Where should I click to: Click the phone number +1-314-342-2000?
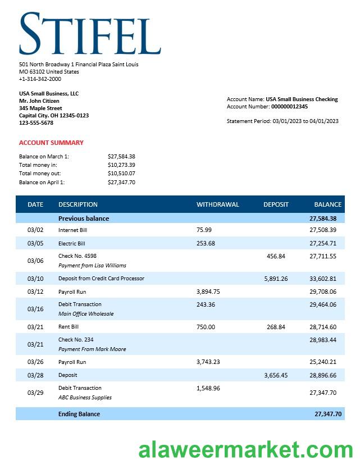coord(40,79)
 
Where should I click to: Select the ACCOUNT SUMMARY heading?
coord(51,143)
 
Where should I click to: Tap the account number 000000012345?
coord(289,107)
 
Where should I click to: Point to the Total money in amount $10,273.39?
coord(121,165)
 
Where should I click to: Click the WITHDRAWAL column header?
coord(217,204)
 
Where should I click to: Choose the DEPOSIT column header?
coord(276,204)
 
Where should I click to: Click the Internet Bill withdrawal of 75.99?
coord(204,230)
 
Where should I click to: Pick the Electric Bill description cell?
coord(72,244)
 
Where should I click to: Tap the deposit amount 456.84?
coord(276,256)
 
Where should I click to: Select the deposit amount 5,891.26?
coord(276,279)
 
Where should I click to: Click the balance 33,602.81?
coord(323,279)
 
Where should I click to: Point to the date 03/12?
coord(35,292)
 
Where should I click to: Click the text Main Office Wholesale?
coord(86,314)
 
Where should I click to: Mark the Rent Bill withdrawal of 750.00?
coord(206,327)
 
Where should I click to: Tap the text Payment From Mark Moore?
coord(92,349)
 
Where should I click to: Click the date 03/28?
coord(35,375)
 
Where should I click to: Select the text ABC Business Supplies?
coord(85,398)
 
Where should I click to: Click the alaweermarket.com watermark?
coord(246,450)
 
